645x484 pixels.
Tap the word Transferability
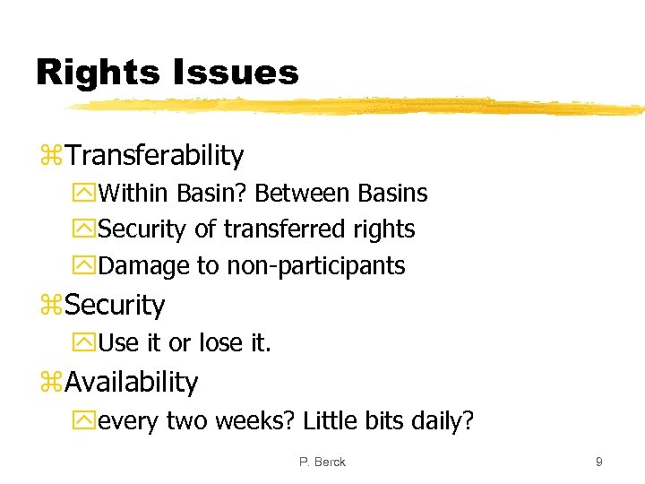click(154, 155)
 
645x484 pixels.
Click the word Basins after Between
click(392, 193)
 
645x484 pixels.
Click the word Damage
click(142, 266)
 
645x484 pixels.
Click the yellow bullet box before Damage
click(87, 266)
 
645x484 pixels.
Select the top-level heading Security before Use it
click(115, 306)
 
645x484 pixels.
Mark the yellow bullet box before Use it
click(87, 342)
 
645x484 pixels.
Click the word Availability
click(132, 383)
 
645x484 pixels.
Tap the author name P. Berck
click(322, 462)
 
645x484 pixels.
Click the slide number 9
click(598, 462)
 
